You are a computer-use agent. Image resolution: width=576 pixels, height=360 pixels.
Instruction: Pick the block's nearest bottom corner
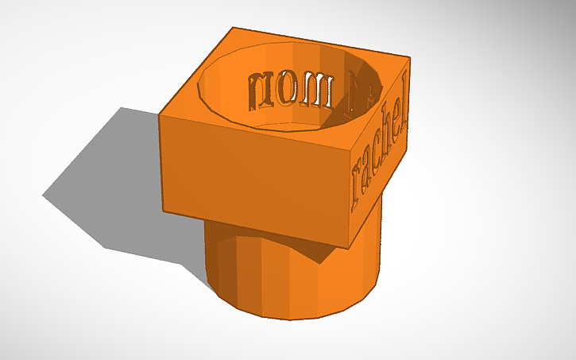click(346, 246)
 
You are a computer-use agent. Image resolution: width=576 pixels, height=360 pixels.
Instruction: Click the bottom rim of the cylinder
click(294, 318)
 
